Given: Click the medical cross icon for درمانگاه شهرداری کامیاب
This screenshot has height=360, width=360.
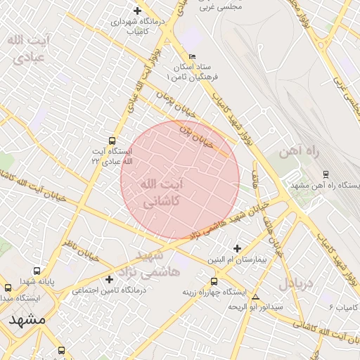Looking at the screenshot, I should [136, 11].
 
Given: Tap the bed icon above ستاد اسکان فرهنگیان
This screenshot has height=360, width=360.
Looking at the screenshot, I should [193, 56].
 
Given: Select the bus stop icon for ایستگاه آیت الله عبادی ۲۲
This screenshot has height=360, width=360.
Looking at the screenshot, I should [112, 141].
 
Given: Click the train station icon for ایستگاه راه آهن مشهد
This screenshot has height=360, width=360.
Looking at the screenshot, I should [325, 174].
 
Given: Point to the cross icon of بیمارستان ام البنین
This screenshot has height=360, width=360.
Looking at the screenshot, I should [237, 248].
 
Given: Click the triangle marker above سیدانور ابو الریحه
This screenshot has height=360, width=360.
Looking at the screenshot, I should [255, 297].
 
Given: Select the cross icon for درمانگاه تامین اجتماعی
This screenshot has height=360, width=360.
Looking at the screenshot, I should [109, 279].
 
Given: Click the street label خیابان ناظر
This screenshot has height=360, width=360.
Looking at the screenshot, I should [77, 247].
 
